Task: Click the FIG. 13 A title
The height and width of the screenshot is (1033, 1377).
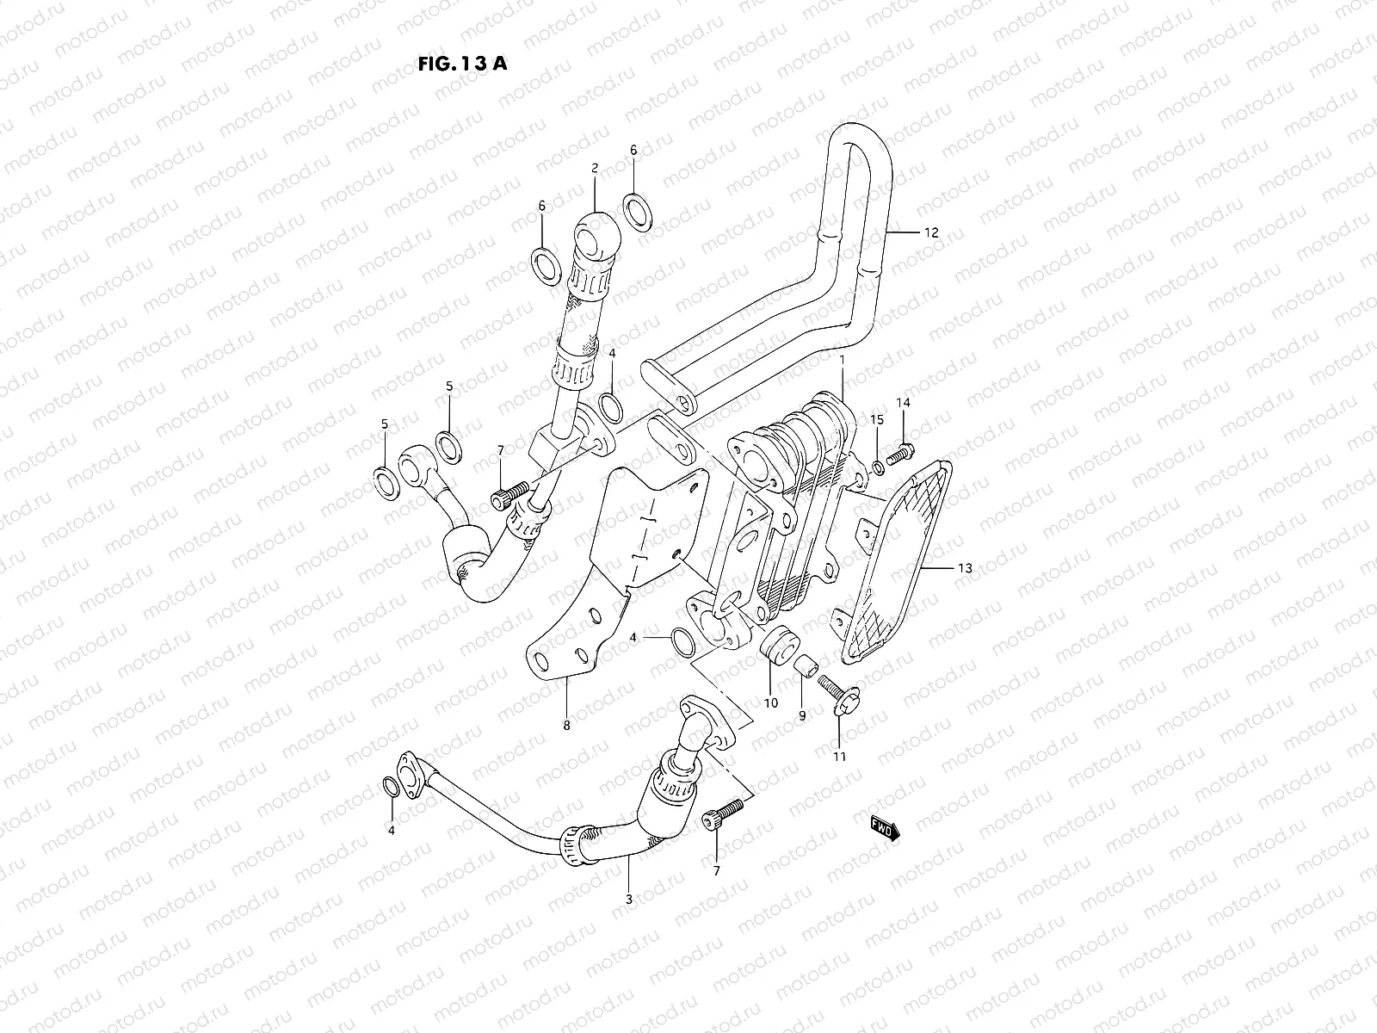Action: pyautogui.click(x=461, y=64)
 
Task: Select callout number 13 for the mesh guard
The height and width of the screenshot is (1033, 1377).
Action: pyautogui.click(x=964, y=568)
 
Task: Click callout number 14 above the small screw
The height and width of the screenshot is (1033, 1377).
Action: pyautogui.click(x=903, y=403)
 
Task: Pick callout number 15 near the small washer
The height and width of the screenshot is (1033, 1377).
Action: pyautogui.click(x=876, y=419)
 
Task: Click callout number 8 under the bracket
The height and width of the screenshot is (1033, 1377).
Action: pyautogui.click(x=566, y=726)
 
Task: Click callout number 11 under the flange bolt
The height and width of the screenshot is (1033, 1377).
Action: pyautogui.click(x=839, y=757)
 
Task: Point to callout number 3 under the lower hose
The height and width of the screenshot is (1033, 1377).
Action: pyautogui.click(x=628, y=899)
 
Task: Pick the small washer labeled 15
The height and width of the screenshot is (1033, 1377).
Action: pyautogui.click(x=878, y=467)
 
